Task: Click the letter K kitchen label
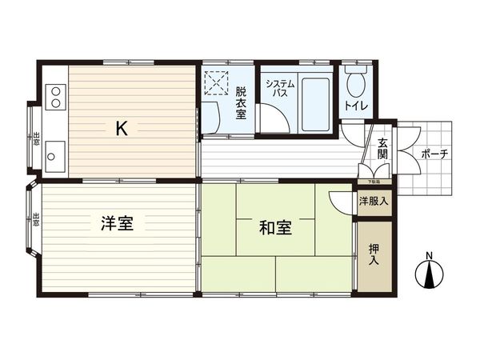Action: coord(122,128)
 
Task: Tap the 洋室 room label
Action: coord(117,225)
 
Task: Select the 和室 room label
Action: coord(275,228)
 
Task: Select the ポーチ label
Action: coord(434,154)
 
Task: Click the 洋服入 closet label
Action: coord(374,201)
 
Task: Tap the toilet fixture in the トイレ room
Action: coord(357,80)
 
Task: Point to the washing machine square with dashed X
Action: coord(215,82)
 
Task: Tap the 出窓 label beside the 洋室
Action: coord(37,220)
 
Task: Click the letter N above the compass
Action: coord(430,256)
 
